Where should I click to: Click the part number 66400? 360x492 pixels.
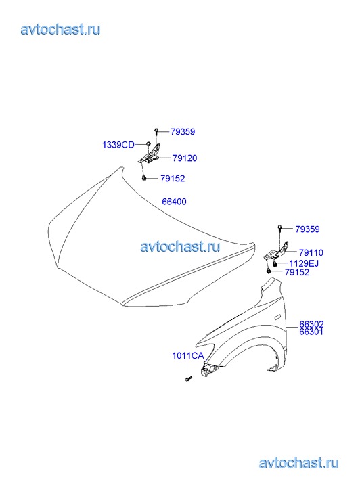[x=174, y=202]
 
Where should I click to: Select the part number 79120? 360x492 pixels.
[x=185, y=158]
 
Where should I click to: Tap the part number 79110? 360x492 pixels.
[x=311, y=252]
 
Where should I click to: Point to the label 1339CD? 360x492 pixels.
[x=118, y=145]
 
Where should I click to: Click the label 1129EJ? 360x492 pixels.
[x=304, y=263]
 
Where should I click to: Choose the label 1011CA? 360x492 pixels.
[x=188, y=356]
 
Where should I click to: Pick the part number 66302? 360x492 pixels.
[x=311, y=324]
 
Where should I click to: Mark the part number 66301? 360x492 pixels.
[x=311, y=332]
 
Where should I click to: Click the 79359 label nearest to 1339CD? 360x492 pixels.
[x=183, y=132]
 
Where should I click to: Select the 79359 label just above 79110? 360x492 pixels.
[x=308, y=229]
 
